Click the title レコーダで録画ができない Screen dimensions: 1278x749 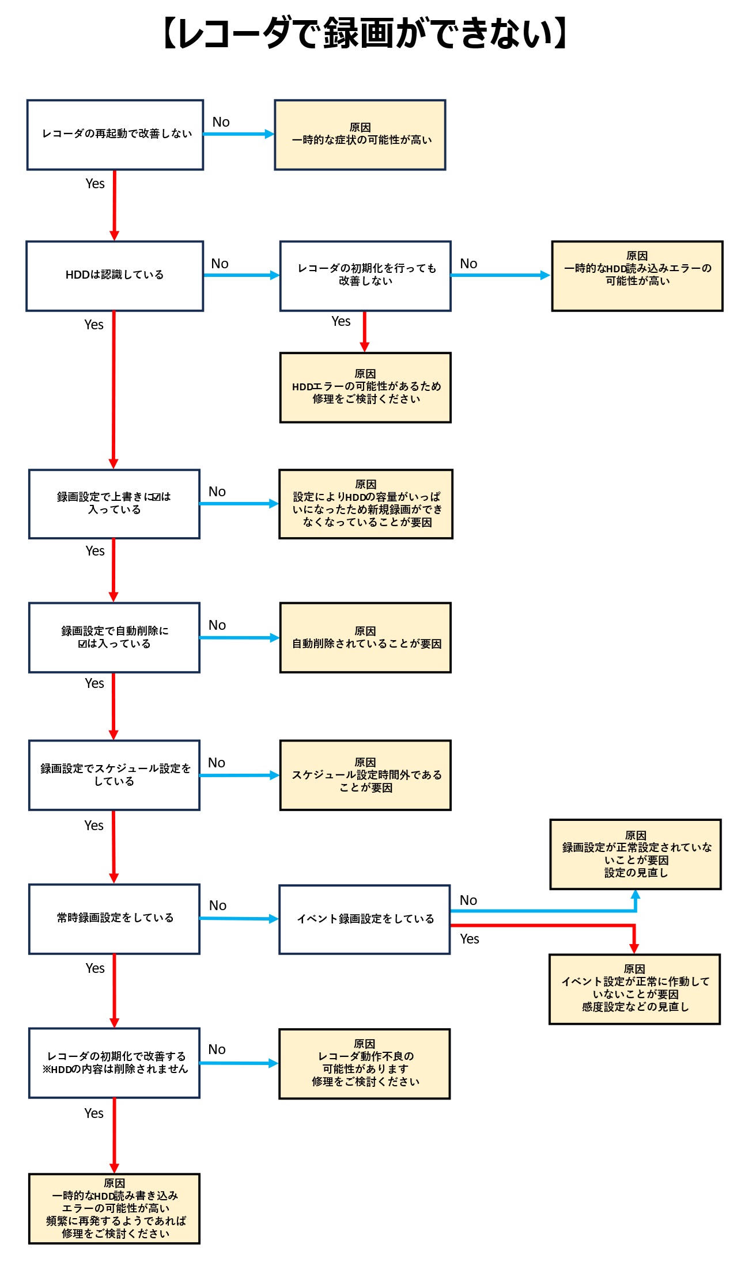[x=365, y=33]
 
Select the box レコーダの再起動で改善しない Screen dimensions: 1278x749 [x=115, y=135]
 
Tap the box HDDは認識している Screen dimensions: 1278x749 [x=115, y=276]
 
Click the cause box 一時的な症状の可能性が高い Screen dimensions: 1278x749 [x=360, y=135]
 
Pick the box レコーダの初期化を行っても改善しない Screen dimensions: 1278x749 [x=365, y=276]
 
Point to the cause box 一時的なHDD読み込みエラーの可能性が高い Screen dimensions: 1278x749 [x=637, y=276]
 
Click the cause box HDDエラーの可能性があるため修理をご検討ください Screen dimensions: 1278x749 [x=365, y=387]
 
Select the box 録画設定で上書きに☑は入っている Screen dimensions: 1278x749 [x=114, y=504]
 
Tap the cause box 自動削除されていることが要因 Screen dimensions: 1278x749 [x=365, y=637]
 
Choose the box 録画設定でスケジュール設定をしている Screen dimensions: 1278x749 [x=114, y=775]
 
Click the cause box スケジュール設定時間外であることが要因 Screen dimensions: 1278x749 [x=365, y=775]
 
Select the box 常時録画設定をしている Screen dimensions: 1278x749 [x=114, y=919]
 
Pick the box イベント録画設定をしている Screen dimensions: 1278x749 [x=365, y=919]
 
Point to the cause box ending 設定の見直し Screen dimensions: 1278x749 [x=635, y=854]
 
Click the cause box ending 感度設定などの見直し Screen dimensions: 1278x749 [x=634, y=989]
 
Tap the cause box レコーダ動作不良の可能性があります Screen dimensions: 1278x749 [x=365, y=1064]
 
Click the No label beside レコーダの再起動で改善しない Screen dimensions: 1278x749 [x=221, y=122]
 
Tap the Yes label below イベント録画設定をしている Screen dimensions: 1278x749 [x=470, y=939]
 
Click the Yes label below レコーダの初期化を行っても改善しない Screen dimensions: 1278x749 [x=341, y=321]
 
